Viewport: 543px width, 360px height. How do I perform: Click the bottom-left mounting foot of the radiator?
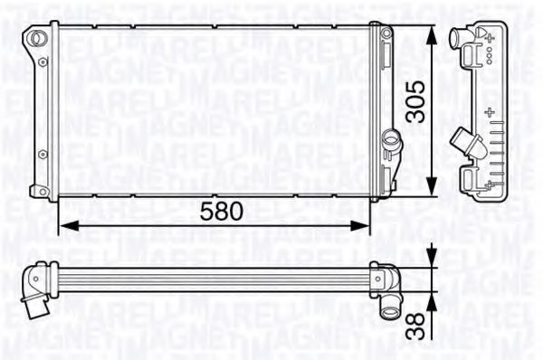[38, 191]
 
